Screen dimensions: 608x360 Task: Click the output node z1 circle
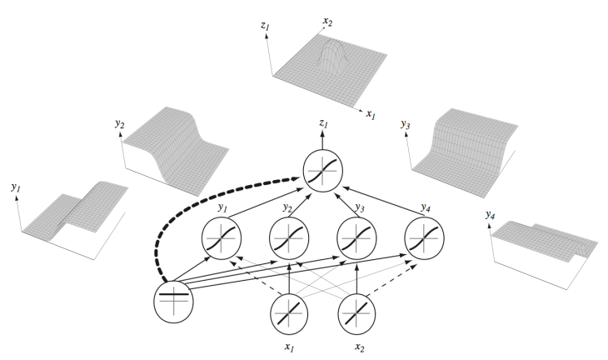point(323,171)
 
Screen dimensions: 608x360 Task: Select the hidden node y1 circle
point(222,238)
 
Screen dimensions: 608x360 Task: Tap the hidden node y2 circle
point(289,238)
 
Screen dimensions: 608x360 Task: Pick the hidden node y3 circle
point(356,238)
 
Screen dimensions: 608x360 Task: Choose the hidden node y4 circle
point(424,238)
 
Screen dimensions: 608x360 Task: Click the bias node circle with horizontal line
point(173,302)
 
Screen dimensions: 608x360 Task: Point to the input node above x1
point(289,313)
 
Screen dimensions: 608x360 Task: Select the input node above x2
point(356,313)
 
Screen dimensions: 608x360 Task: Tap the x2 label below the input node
point(360,347)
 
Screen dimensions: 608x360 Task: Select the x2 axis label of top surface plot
point(327,22)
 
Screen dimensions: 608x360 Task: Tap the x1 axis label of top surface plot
point(371,114)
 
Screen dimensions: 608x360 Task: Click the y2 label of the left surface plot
point(119,123)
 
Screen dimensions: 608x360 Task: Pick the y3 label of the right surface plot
point(406,124)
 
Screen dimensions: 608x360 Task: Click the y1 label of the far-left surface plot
point(16,187)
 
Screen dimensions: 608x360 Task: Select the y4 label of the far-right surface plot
point(490,214)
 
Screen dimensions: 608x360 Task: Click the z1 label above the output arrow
point(323,123)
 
